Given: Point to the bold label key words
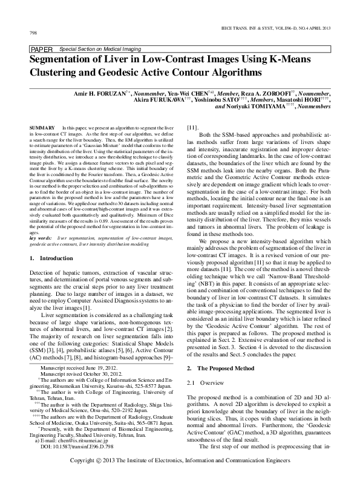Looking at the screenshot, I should point(41,238).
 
